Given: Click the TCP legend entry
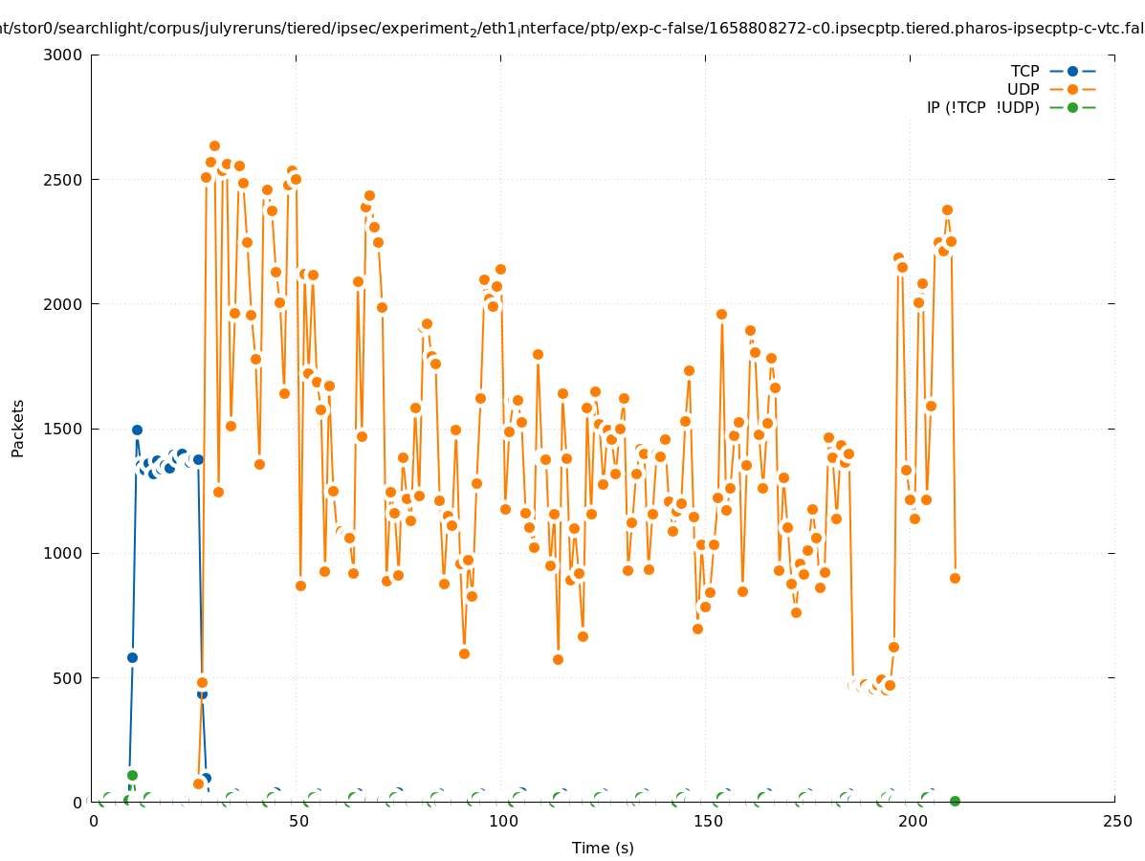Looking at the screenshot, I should tap(1024, 71).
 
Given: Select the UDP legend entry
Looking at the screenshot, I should tap(1023, 89).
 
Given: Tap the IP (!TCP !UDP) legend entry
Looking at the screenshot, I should tap(982, 107).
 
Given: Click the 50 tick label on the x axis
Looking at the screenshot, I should tap(298, 821).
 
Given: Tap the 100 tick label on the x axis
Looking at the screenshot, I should tap(503, 821).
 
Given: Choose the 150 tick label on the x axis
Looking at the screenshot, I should tap(708, 821).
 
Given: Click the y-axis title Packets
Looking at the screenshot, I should tap(18, 428).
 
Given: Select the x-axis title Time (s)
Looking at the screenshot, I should tap(603, 848).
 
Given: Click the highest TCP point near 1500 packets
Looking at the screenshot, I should tap(137, 430).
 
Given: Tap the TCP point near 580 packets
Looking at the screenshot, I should tap(132, 657).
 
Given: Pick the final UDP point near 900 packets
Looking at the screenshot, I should tap(955, 578).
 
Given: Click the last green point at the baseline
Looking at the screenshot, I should tap(955, 801).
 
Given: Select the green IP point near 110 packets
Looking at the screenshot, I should tap(132, 775).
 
